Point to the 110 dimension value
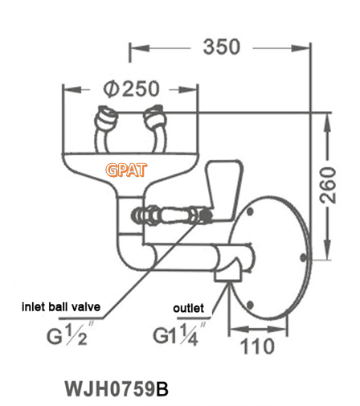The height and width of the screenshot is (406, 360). coord(257,347)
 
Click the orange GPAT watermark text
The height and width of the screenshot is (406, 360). coord(125,170)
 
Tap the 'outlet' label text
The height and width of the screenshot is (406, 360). coord(190,307)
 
